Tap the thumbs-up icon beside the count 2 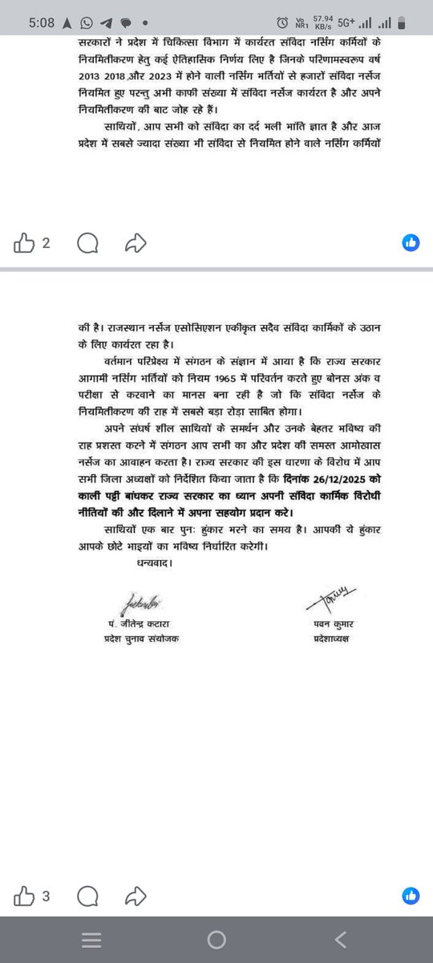tap(25, 242)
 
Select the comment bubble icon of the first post tap(89, 242)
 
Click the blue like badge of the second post tap(411, 896)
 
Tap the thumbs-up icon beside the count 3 tap(25, 896)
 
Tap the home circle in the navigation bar tap(216, 939)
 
